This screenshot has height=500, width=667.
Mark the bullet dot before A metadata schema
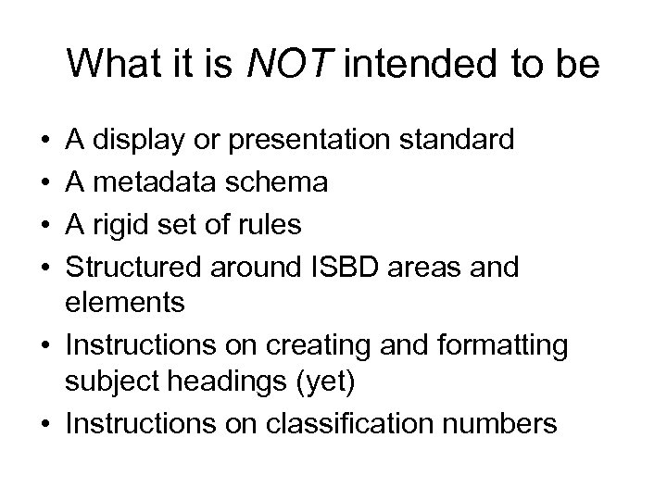pyautogui.click(x=44, y=183)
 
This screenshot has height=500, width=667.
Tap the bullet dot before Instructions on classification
pyautogui.click(x=44, y=423)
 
